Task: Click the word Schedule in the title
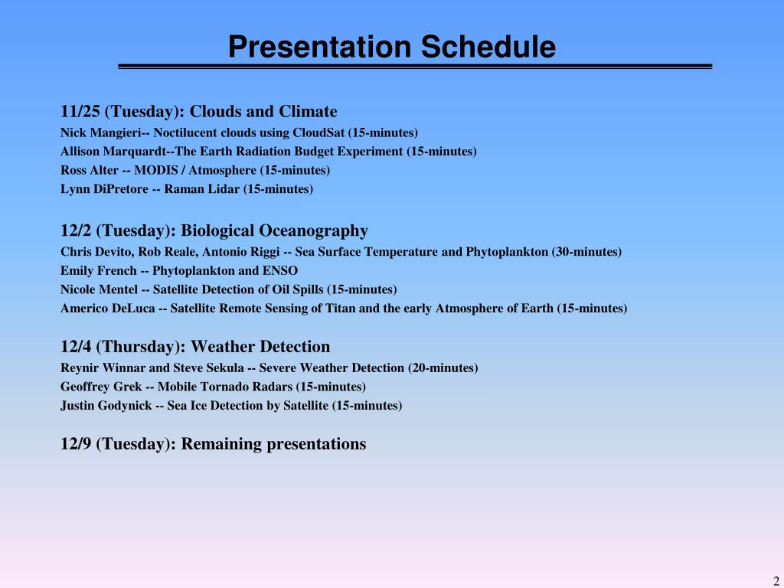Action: [x=488, y=47]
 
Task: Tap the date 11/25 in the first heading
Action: [x=80, y=111]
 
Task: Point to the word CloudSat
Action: [x=318, y=133]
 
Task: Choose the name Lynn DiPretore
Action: [x=104, y=189]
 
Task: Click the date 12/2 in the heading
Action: [x=76, y=230]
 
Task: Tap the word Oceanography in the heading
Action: [x=313, y=230]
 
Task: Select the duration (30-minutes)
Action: [x=586, y=251]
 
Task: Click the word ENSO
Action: [x=280, y=270]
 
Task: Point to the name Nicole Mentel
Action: [x=99, y=289]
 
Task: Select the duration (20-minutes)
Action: [x=443, y=368]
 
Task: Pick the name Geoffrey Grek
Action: [x=101, y=387]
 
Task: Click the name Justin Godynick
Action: [x=106, y=406]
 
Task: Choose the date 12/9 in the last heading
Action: [x=76, y=443]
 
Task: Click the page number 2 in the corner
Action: [x=776, y=582]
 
